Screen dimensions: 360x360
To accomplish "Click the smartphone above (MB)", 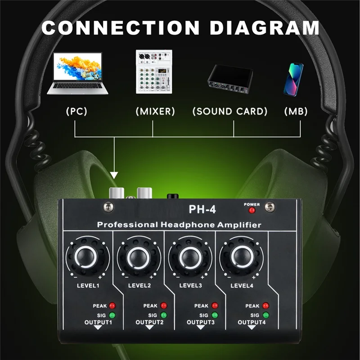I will [x=293, y=79].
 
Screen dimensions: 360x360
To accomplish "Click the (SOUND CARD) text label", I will [x=230, y=111].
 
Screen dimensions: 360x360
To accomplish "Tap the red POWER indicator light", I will [x=252, y=210].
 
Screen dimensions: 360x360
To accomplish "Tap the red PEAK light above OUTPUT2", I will [x=163, y=306].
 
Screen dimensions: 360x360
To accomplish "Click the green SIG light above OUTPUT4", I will [x=266, y=315].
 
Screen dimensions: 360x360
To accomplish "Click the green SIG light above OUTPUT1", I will [x=112, y=315].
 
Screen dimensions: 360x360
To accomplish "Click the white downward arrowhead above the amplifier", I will [x=114, y=174].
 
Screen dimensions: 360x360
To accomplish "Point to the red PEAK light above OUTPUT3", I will [x=215, y=306].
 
